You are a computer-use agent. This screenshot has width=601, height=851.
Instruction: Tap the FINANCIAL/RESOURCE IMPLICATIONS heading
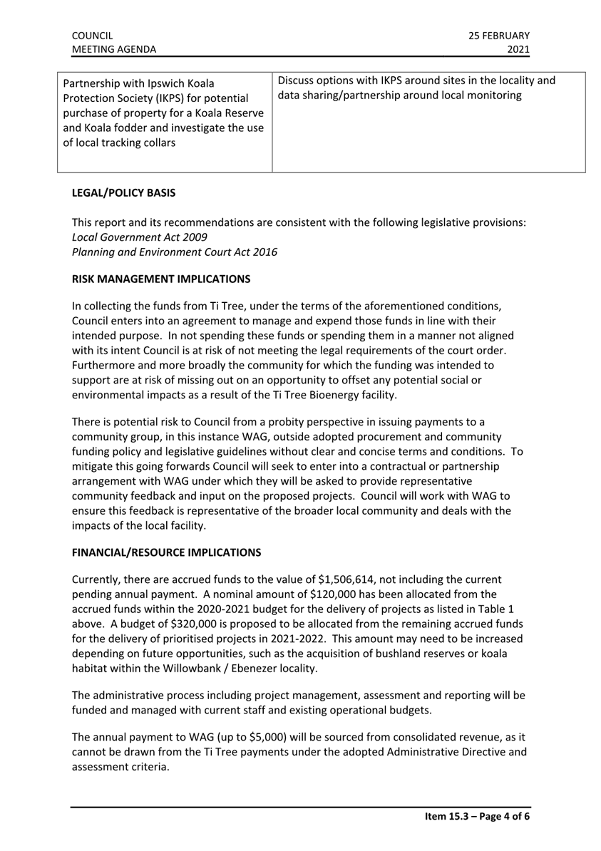click(166, 552)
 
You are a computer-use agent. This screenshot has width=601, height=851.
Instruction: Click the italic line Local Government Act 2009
click(130, 237)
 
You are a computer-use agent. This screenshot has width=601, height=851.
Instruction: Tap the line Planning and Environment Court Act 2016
click(175, 252)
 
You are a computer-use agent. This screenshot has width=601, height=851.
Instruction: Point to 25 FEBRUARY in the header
click(500, 35)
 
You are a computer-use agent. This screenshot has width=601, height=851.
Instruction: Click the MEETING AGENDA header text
click(114, 49)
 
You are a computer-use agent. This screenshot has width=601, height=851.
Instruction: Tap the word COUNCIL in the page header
click(92, 35)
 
